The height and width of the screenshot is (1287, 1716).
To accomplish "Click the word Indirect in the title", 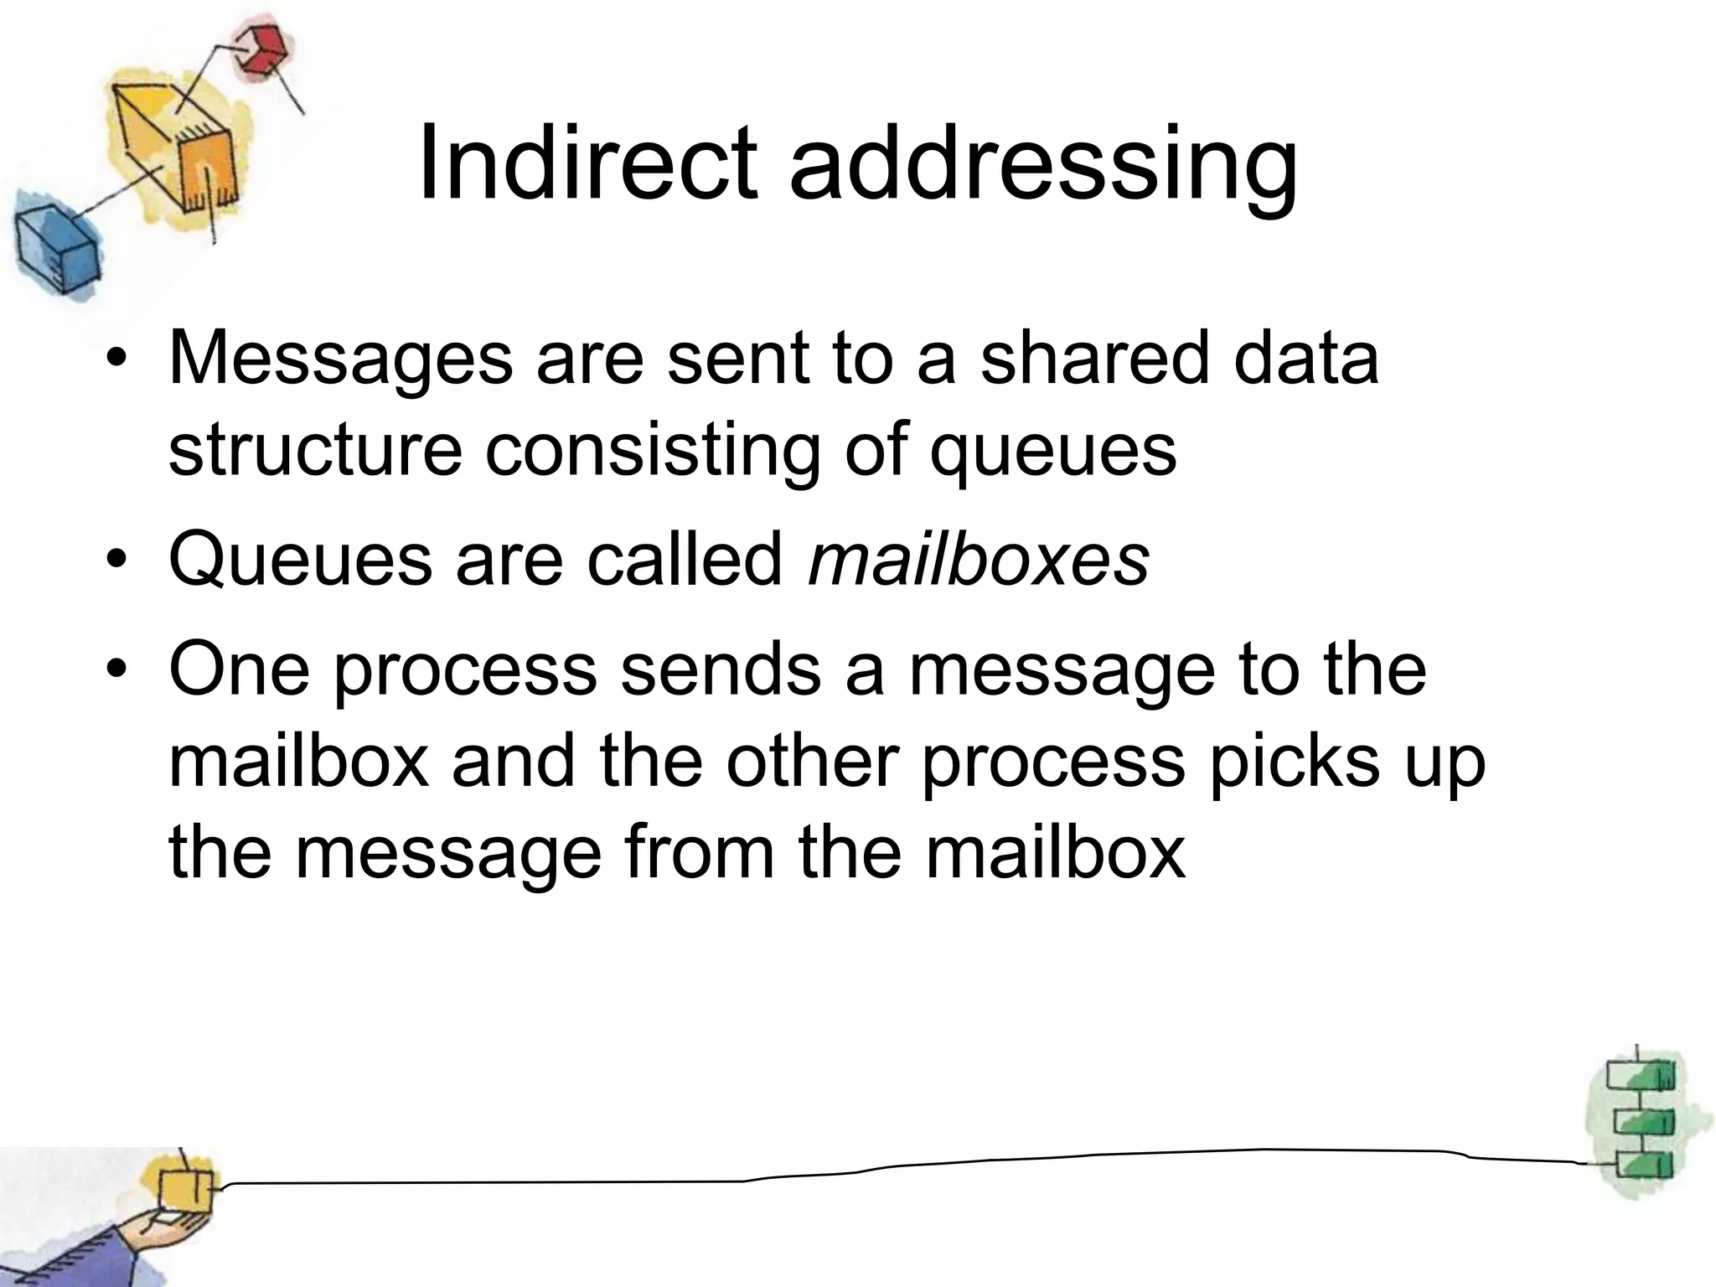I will coord(587,163).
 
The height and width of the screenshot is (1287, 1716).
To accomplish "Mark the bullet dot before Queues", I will coord(116,560).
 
